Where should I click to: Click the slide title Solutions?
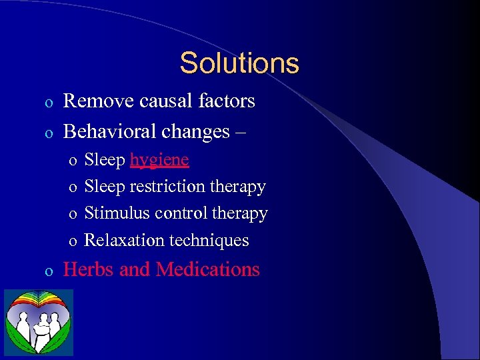coord(239,63)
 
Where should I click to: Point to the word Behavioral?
coord(109,131)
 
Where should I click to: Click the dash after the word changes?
coord(240,132)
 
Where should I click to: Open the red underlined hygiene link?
coord(159,161)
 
